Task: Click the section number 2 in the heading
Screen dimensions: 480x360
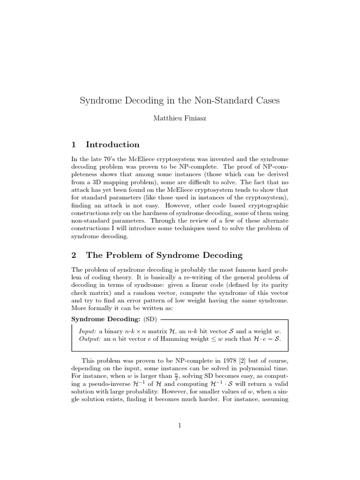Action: (x=74, y=255)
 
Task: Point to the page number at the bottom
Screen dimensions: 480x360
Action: (x=180, y=426)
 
